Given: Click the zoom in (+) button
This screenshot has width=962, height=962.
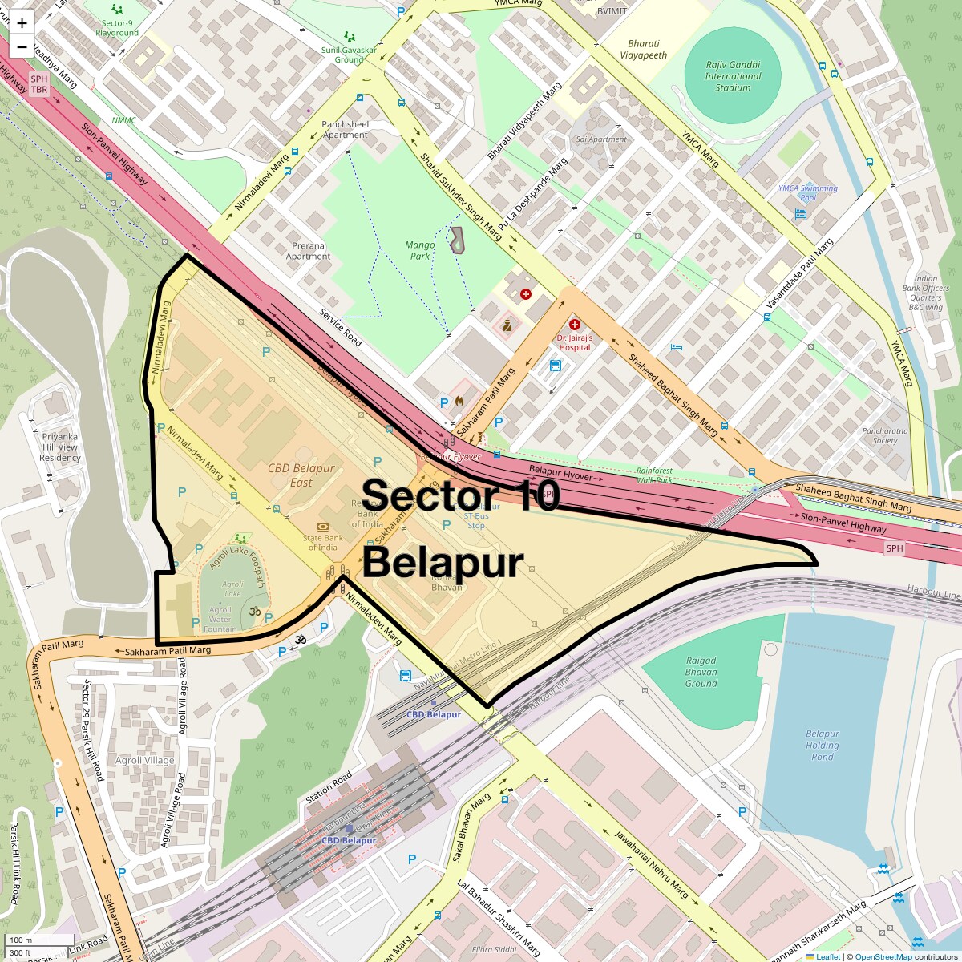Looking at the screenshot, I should [x=22, y=23].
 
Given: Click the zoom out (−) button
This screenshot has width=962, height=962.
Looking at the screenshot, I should [x=22, y=46].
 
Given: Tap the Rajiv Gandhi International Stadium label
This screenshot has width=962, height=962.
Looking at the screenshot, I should [x=733, y=76].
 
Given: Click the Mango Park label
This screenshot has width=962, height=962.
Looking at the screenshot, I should [x=420, y=250].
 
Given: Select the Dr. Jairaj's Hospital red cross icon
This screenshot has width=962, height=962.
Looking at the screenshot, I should [x=574, y=325].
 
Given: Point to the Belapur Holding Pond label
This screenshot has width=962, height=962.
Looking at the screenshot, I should [x=822, y=745].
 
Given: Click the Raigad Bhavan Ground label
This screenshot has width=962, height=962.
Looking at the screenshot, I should [x=701, y=672].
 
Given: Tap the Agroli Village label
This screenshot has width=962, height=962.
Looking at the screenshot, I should [x=144, y=760].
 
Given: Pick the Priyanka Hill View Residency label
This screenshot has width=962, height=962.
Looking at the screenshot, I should [x=60, y=447].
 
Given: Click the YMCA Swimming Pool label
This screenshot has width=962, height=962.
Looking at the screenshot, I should [x=807, y=192].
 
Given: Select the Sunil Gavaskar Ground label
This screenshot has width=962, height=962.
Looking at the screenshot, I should [x=349, y=55].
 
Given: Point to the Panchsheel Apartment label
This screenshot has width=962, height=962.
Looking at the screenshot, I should [x=346, y=130].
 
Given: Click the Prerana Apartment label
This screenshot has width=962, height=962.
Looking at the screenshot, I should [x=308, y=251].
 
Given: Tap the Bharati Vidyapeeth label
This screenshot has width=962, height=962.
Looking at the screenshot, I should [x=643, y=50].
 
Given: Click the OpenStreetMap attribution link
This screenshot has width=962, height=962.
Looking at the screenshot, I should [x=883, y=956].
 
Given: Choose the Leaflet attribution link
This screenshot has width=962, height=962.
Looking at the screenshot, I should [x=827, y=956].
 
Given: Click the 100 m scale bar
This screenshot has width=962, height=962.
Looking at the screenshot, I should [x=40, y=940].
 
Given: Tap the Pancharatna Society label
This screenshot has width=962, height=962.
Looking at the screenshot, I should [x=885, y=435].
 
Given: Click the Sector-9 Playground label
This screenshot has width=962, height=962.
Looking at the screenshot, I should [x=117, y=28].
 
